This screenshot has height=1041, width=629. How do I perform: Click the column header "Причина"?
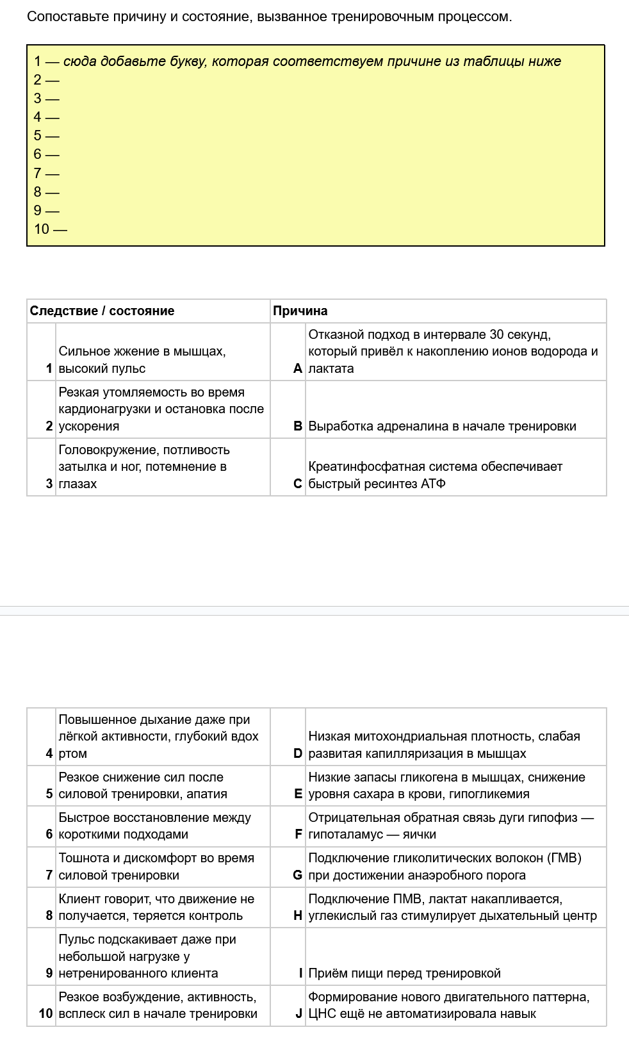(x=300, y=311)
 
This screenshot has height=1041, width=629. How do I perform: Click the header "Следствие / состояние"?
(x=102, y=311)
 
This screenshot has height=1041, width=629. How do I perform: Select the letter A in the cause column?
(x=297, y=368)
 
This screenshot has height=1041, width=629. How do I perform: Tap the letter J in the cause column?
(x=298, y=1013)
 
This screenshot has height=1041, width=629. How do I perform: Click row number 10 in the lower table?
(x=45, y=1013)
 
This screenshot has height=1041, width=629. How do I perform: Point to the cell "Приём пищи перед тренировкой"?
(x=404, y=973)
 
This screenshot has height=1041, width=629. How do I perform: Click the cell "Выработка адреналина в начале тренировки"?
(x=442, y=426)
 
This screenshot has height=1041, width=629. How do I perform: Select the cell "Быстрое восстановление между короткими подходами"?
(x=154, y=826)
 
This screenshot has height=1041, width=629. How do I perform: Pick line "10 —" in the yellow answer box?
(x=50, y=229)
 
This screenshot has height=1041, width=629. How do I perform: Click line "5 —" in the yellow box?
(x=46, y=136)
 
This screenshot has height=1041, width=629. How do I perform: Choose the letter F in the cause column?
(x=298, y=834)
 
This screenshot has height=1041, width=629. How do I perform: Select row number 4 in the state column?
(x=49, y=753)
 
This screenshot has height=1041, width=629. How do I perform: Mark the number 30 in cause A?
(x=496, y=334)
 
